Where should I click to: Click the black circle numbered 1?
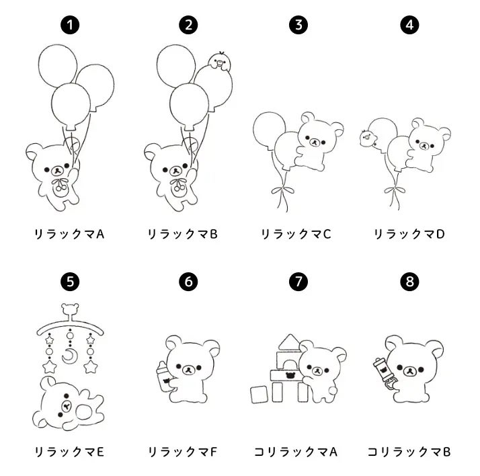70,25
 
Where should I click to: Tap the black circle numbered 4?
409,25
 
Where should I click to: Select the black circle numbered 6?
188,281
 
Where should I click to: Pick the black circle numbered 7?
298,281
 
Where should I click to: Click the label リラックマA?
69,234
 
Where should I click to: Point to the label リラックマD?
409,234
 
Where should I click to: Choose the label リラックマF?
182,452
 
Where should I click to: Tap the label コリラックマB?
409,452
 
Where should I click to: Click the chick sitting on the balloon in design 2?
219,62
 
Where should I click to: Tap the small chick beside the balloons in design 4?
368,138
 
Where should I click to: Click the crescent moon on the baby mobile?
70,356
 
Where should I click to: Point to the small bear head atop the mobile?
70,309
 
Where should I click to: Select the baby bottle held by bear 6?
165,376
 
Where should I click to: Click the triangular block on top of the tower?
289,342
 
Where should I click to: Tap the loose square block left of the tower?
259,395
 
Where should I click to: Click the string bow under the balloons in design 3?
282,191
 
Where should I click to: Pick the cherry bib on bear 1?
60,187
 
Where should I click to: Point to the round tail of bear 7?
331,392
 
